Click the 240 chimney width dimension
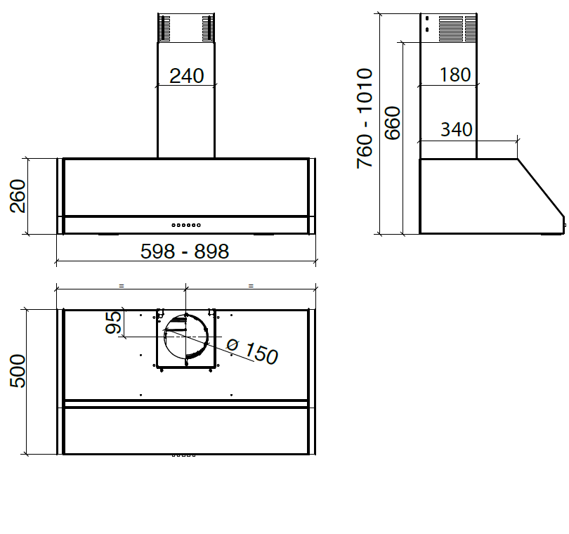(x=186, y=76)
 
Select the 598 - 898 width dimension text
(x=185, y=251)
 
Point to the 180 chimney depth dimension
(x=455, y=74)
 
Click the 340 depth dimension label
(x=456, y=129)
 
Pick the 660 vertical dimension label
(x=392, y=123)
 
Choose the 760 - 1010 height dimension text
(x=365, y=118)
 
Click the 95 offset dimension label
(x=114, y=323)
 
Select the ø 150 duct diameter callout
(x=252, y=351)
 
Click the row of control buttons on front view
(x=186, y=225)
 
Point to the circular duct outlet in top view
(x=185, y=339)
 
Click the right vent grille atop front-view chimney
(x=207, y=29)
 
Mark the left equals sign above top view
(x=121, y=286)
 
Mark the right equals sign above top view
(x=250, y=286)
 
